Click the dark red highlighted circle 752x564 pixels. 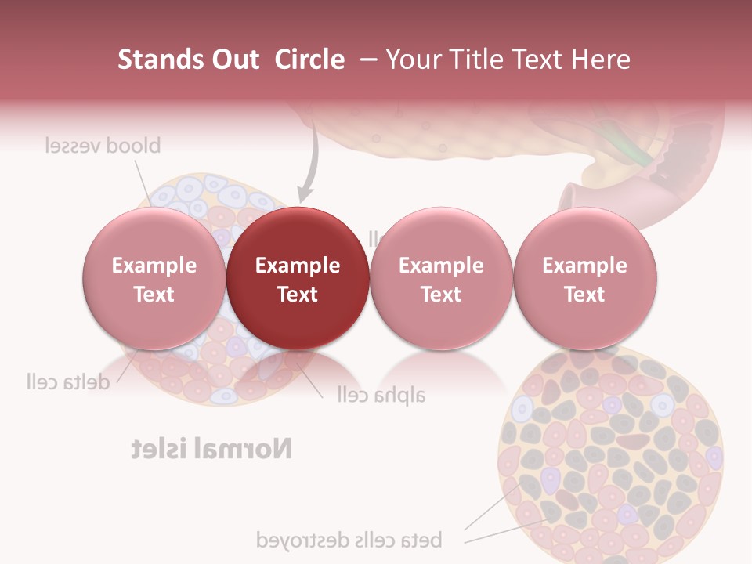(298, 278)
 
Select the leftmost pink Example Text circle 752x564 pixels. (154, 278)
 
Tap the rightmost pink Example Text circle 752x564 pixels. (584, 278)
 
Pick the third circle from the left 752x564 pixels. (441, 278)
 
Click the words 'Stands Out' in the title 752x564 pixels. (189, 60)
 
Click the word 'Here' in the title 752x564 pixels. (601, 60)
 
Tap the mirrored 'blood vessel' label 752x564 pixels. (103, 146)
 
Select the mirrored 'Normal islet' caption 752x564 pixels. (211, 449)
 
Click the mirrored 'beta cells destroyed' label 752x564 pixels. (349, 540)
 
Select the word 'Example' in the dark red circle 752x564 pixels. (298, 266)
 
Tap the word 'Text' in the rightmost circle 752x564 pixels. (584, 294)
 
